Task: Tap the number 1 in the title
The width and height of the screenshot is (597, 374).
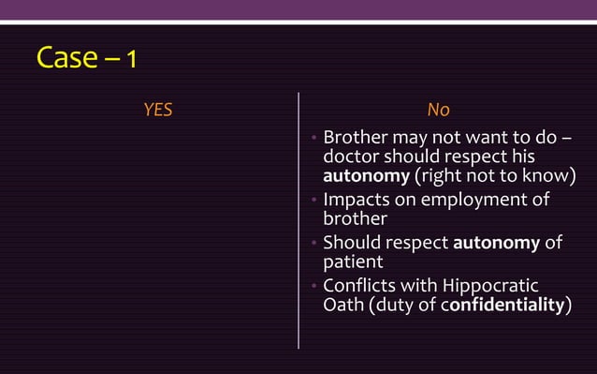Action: pyautogui.click(x=132, y=60)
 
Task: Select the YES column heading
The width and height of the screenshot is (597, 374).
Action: pyautogui.click(x=157, y=111)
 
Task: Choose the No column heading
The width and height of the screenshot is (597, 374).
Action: pyautogui.click(x=438, y=111)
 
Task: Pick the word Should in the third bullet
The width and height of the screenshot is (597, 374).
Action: pyautogui.click(x=351, y=244)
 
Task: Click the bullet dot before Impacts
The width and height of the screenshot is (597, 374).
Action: pyautogui.click(x=315, y=201)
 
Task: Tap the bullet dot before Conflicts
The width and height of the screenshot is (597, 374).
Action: pyautogui.click(x=315, y=288)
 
